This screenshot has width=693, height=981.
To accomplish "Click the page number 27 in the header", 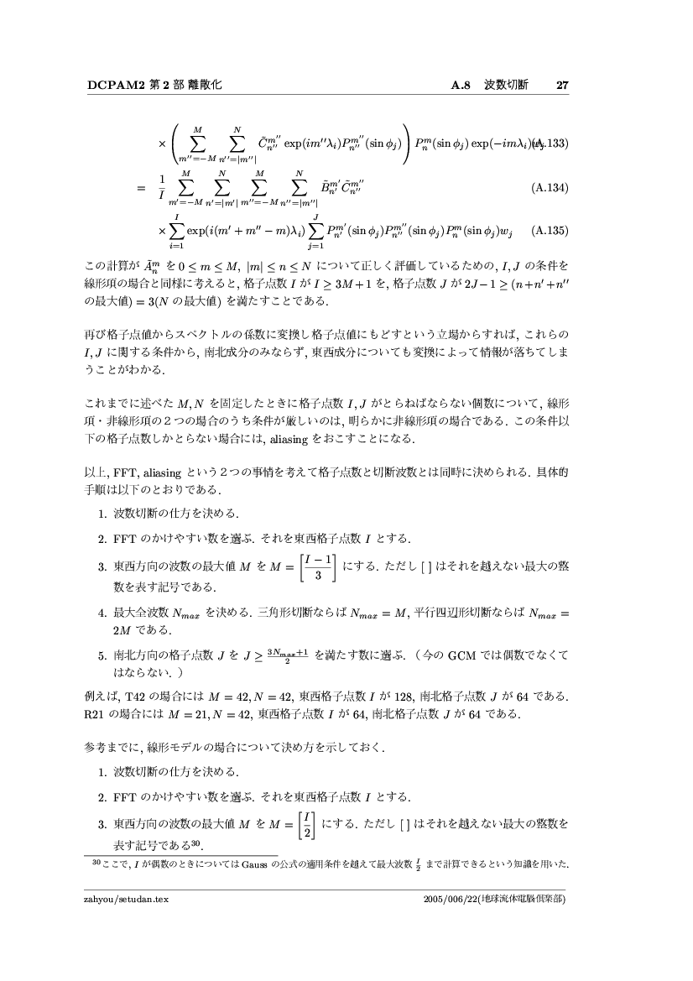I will click(563, 85).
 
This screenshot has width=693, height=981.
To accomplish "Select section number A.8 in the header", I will click(463, 85).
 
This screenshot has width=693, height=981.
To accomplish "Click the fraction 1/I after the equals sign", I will click(162, 189).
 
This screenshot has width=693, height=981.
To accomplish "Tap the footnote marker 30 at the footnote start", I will click(94, 860).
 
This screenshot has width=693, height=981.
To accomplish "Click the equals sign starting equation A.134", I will click(140, 189).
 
